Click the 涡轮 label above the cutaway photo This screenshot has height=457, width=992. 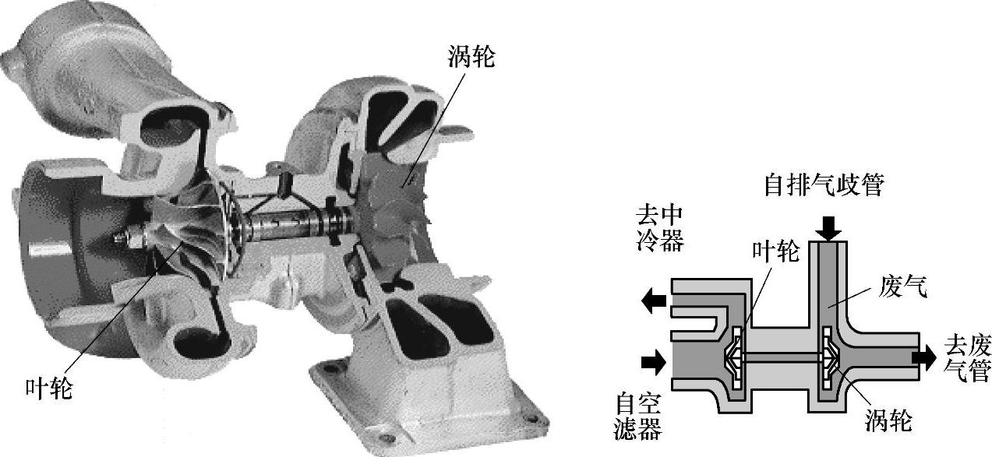click(x=471, y=56)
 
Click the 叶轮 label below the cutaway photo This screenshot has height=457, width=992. click(x=48, y=387)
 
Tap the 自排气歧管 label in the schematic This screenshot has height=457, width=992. click(x=824, y=186)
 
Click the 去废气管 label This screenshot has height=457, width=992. click(x=966, y=358)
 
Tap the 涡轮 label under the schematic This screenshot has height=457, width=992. click(x=888, y=421)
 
